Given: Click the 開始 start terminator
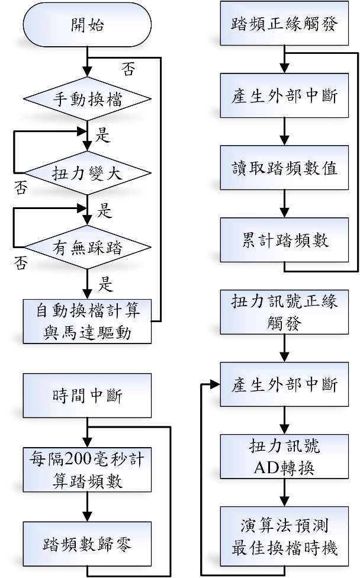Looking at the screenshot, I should click(88, 25).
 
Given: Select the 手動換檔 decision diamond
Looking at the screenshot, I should click(88, 98).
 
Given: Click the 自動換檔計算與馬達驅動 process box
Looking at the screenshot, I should click(88, 320).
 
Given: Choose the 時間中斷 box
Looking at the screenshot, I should click(88, 394).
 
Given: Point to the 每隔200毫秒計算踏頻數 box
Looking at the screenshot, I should click(88, 468).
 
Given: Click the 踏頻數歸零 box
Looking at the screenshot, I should click(88, 543).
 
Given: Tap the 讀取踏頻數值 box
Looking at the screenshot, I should click(285, 168).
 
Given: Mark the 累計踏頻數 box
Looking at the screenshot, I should click(285, 239).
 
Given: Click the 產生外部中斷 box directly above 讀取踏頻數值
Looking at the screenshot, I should click(285, 97).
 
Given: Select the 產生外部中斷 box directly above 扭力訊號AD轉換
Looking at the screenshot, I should click(285, 385).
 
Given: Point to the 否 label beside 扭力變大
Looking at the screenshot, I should click(21, 188).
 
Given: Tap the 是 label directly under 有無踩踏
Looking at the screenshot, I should click(105, 284).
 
